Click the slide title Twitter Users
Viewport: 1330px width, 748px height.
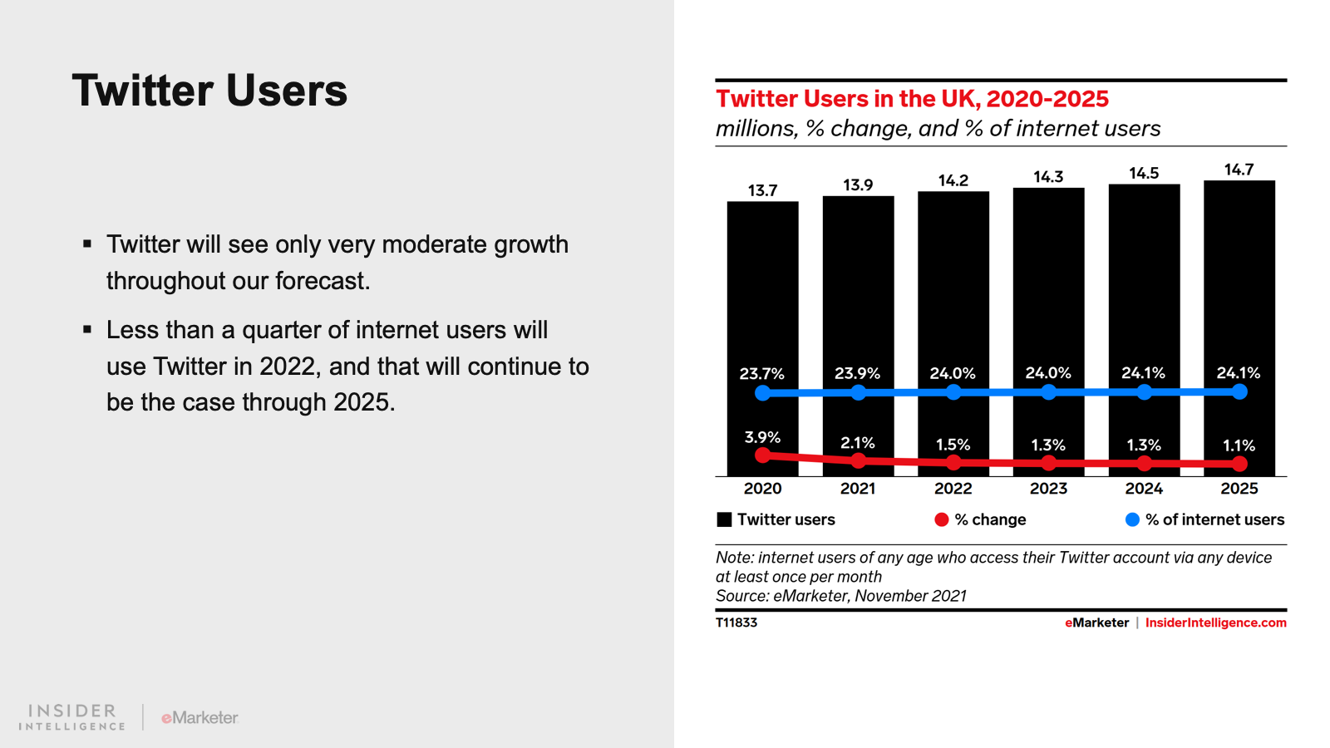click(209, 91)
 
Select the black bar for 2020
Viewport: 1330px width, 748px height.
click(762, 291)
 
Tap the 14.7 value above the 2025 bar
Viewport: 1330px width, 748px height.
click(1239, 170)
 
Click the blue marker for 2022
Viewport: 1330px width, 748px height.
click(953, 392)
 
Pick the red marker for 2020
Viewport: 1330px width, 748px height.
click(762, 455)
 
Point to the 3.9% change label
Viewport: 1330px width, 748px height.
click(762, 437)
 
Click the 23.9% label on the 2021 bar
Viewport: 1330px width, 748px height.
click(857, 373)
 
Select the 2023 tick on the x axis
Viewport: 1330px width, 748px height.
click(1048, 489)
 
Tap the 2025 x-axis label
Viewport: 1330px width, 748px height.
click(1239, 489)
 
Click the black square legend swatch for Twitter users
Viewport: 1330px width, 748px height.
click(724, 519)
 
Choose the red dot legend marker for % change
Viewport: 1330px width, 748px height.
click(941, 519)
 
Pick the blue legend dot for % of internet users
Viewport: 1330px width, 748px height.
click(1132, 519)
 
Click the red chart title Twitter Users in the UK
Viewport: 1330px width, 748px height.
click(912, 99)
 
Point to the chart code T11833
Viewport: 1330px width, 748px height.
click(736, 623)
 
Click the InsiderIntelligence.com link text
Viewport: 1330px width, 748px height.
click(1215, 623)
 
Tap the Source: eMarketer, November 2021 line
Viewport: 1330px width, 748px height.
click(840, 596)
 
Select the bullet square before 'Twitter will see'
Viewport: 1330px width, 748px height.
click(87, 244)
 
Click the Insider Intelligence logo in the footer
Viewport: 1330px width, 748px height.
click(72, 716)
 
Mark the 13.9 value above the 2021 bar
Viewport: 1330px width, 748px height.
click(858, 185)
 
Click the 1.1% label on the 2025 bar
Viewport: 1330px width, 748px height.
click(1239, 445)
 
